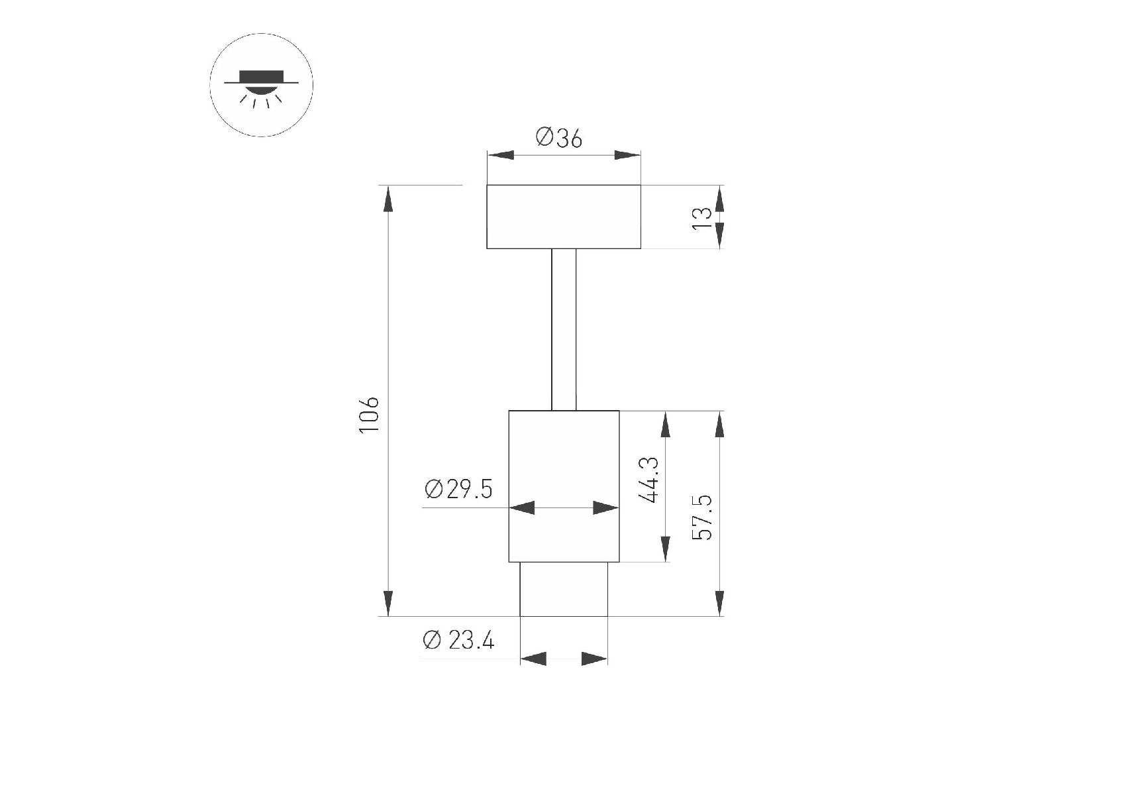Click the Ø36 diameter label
point(559,138)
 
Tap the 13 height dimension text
point(702,218)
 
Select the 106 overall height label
point(369,415)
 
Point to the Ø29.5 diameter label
point(459,490)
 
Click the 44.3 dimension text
point(650,480)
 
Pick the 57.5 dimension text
point(702,517)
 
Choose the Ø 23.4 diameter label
point(458,641)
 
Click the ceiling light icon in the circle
point(261,86)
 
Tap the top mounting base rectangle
point(564,217)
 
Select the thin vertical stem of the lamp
point(564,330)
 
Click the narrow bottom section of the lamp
point(564,589)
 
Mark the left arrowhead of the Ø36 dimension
point(501,155)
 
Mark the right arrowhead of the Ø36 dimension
point(627,155)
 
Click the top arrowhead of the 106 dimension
point(388,199)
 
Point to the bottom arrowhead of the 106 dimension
point(388,603)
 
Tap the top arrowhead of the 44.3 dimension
point(666,424)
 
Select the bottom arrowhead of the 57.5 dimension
point(720,603)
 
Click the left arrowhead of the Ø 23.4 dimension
point(533,659)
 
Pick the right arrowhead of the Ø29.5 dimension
point(605,508)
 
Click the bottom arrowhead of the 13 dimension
point(720,236)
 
